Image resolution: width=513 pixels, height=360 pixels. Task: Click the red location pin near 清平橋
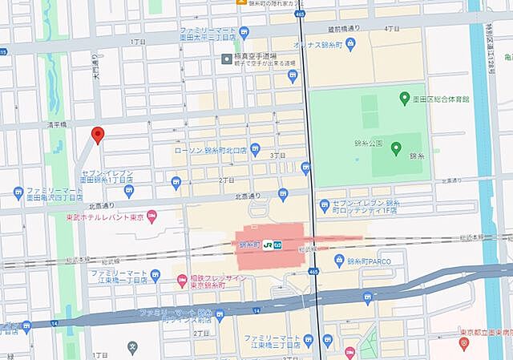pyautogui.click(x=98, y=135)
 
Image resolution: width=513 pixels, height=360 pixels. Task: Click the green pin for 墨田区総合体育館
pyautogui.click(x=403, y=98)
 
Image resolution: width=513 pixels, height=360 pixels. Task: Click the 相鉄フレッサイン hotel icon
pyautogui.click(x=180, y=278)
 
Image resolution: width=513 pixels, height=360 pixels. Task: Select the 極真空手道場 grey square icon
pyautogui.click(x=227, y=59)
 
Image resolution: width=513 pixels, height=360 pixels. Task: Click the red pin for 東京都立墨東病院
pyautogui.click(x=463, y=343)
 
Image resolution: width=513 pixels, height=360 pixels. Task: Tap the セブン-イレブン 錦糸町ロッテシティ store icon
pyautogui.click(x=325, y=205)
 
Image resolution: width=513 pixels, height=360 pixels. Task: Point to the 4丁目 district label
pyautogui.click(x=392, y=28)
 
